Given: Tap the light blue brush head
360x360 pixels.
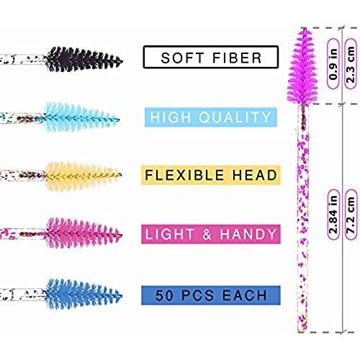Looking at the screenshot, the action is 81,117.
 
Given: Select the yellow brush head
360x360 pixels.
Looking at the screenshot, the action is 83,176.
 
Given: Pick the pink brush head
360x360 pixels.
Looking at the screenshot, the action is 84,233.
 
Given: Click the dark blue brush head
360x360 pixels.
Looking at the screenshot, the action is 84,294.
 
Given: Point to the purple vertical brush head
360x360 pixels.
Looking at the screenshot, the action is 302,66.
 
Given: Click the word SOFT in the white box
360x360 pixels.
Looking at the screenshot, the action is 181,58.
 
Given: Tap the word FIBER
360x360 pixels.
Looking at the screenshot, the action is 237,58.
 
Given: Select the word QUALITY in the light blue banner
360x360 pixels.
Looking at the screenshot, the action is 235,117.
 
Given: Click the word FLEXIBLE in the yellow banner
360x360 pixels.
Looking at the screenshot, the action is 184,175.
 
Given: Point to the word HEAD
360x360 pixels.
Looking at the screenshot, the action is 255,175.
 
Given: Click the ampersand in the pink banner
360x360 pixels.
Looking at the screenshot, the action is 207,234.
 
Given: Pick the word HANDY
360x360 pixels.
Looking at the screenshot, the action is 248,234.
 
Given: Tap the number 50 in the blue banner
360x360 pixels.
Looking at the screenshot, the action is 164,295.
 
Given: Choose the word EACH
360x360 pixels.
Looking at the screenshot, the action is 245,295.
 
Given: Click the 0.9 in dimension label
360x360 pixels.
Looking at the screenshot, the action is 333,63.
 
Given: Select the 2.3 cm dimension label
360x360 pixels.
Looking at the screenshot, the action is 351,63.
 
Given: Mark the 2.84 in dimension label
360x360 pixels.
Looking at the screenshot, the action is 333,215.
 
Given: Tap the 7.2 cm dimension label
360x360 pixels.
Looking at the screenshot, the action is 351,215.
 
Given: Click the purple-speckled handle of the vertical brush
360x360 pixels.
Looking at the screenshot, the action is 303,218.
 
